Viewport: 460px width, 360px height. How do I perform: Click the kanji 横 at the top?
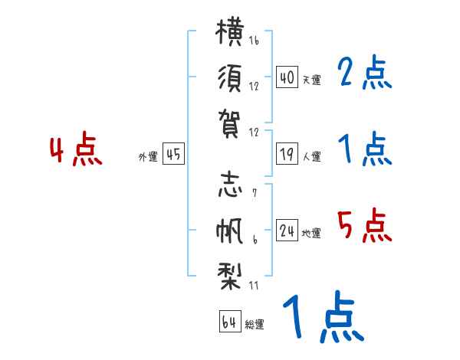tap(230, 31)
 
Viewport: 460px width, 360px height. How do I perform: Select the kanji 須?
tap(230, 78)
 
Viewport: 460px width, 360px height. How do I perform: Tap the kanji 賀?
tap(229, 123)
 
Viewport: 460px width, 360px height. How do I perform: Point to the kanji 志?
tap(230, 185)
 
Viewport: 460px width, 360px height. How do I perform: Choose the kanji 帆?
tap(229, 231)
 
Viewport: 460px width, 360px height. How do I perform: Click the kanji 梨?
tap(229, 277)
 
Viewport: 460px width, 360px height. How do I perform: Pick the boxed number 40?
tap(287, 77)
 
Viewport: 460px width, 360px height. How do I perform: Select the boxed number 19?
tap(287, 154)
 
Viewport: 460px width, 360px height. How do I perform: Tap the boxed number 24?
tap(287, 230)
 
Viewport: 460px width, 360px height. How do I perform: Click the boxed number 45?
tap(173, 154)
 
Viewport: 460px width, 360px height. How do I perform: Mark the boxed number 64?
tap(230, 321)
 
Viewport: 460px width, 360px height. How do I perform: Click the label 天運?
tap(312, 80)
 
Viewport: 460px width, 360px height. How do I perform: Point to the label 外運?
tap(148, 156)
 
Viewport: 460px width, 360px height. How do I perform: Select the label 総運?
tap(255, 324)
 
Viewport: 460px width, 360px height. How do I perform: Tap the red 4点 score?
tap(76, 149)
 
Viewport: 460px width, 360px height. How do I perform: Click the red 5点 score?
tap(364, 225)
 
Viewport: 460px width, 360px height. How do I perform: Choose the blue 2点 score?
tap(364, 72)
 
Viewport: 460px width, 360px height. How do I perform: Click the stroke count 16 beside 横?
tap(254, 40)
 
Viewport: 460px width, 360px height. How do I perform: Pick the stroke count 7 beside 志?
tap(255, 193)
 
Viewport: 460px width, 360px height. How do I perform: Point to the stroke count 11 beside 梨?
tap(254, 285)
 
